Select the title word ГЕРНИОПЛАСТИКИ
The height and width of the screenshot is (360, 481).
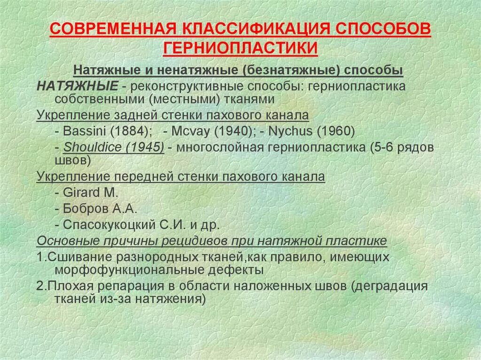[240, 48]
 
